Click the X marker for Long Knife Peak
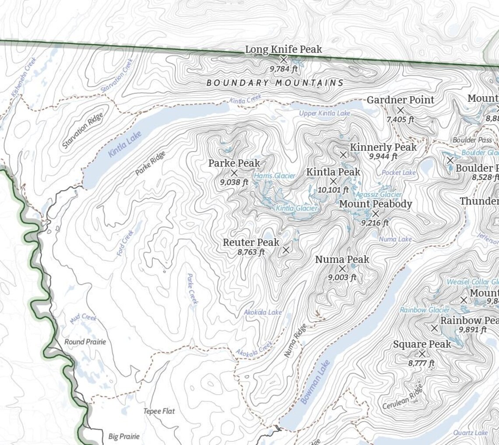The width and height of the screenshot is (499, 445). (284, 59)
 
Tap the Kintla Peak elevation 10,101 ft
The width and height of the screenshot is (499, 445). (334, 190)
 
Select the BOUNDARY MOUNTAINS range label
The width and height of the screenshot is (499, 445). (274, 83)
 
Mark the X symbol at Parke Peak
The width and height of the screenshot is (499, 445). (234, 173)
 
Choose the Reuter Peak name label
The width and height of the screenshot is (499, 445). (251, 242)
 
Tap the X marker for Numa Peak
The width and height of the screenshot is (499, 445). (342, 269)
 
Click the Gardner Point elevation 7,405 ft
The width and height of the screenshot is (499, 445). (400, 119)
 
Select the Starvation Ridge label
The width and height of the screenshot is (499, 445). (83, 130)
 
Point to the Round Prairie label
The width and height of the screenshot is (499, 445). (85, 342)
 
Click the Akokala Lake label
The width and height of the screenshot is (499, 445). (263, 313)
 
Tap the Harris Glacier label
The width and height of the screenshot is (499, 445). (274, 176)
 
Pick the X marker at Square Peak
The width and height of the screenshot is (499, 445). (422, 354)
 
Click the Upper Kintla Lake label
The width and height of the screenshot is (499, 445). (324, 113)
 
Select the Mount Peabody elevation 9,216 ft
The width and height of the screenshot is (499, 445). (375, 223)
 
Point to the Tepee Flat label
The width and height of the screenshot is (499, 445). (159, 411)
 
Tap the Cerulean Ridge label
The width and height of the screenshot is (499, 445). (403, 397)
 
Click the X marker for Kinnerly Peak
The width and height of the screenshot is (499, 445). (343, 154)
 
